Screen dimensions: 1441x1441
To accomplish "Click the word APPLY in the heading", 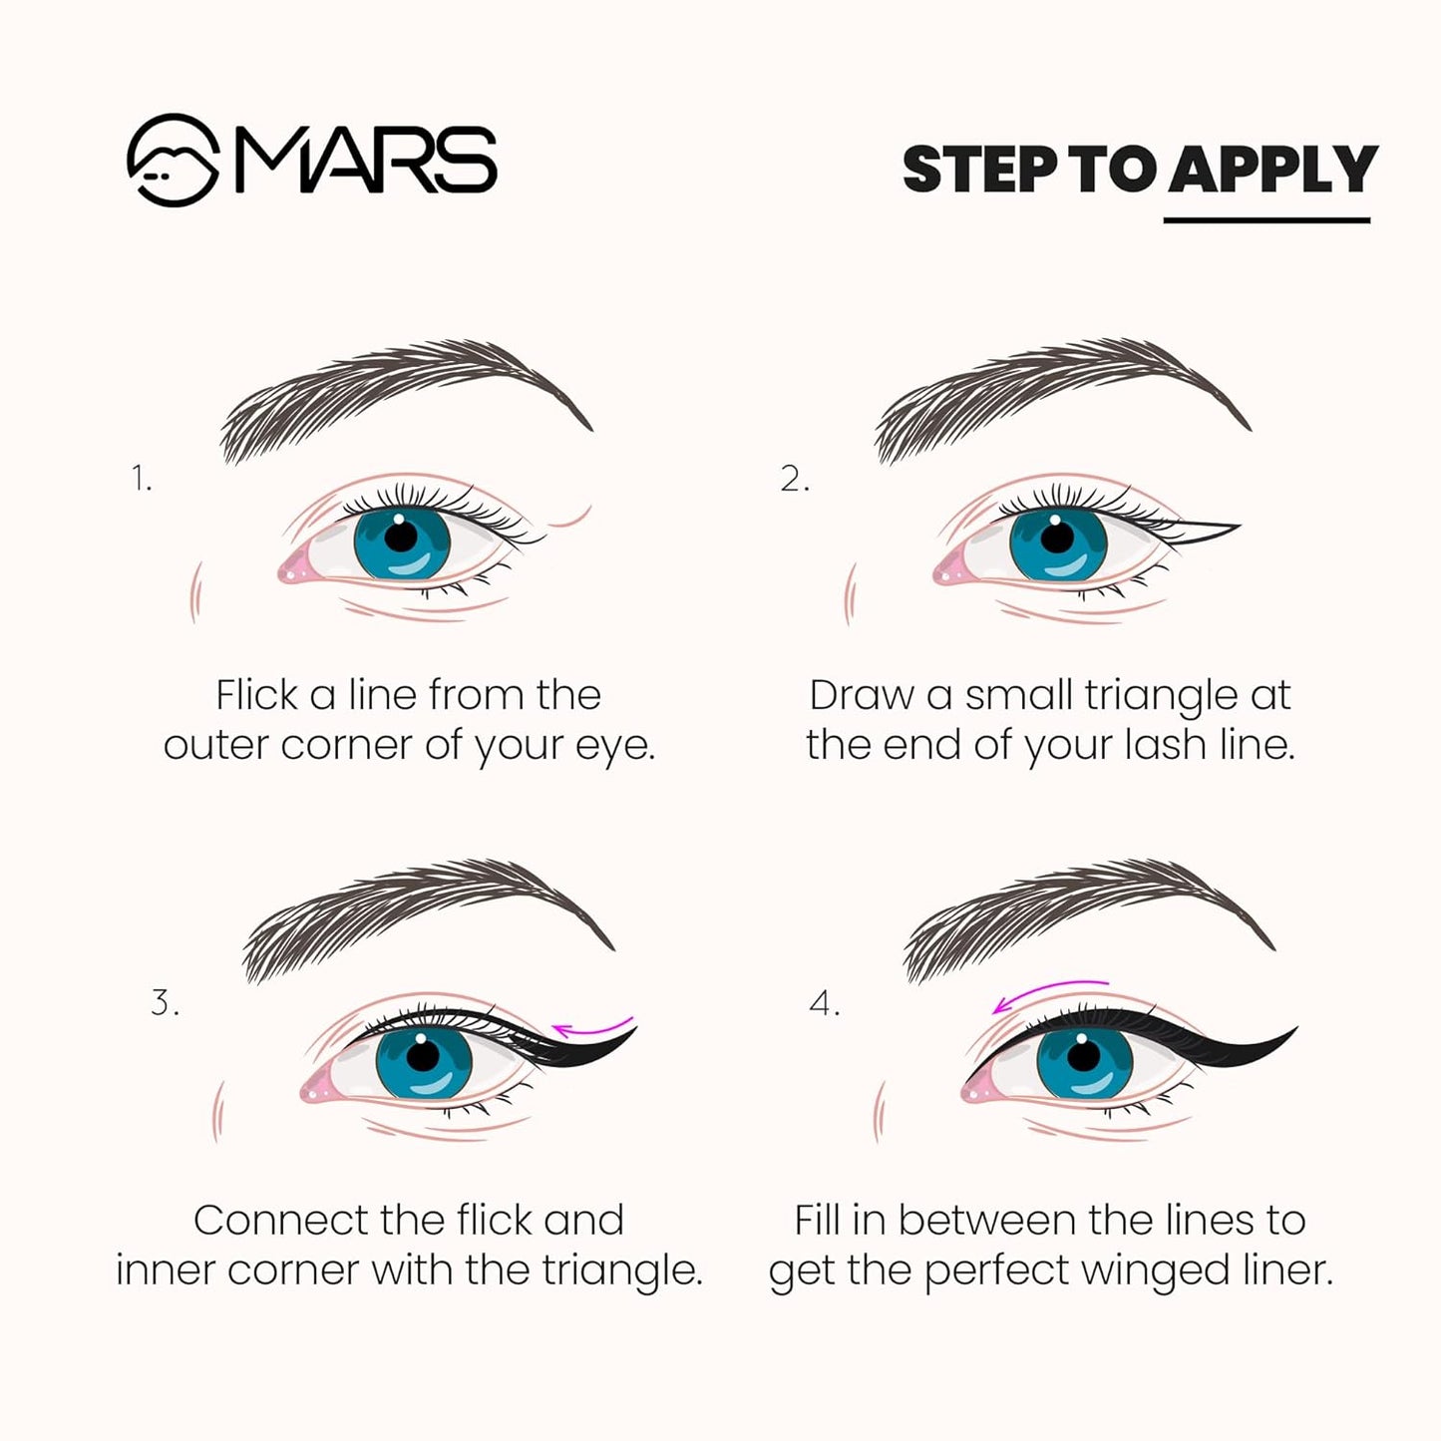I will point(1272,169).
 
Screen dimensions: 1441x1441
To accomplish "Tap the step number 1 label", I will point(142,480).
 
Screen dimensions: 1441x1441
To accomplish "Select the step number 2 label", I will point(795,480).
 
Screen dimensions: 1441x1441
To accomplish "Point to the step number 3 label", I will point(165,1002).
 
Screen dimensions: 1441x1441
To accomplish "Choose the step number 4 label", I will point(825,1003).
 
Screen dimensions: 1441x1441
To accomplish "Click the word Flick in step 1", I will point(256,695).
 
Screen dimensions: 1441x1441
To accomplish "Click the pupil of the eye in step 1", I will point(401,537).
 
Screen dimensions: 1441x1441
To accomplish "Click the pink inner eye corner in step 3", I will point(317,1089).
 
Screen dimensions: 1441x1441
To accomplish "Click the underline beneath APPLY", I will point(1266,219).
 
